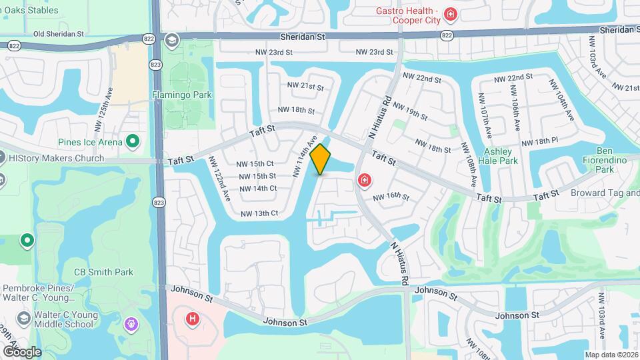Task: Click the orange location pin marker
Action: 321,159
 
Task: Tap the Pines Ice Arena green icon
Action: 132,141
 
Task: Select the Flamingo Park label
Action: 182,95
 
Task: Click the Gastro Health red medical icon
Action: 451,14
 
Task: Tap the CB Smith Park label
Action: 103,272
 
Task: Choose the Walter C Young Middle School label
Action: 64,319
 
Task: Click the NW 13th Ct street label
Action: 259,213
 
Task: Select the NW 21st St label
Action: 305,87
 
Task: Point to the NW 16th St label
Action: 391,197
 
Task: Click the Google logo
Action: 21,351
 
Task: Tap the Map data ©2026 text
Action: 611,355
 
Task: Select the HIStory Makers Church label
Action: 56,158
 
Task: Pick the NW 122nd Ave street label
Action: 219,179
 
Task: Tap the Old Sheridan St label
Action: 59,33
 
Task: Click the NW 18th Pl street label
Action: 539,142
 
